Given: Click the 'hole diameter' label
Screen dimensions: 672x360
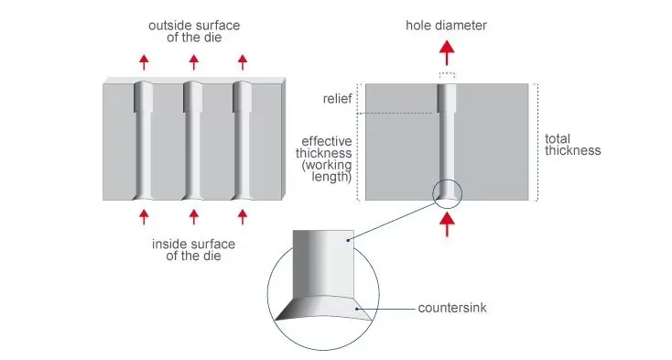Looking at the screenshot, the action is tap(446, 26).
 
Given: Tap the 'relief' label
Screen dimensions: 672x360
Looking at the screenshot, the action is tap(337, 99).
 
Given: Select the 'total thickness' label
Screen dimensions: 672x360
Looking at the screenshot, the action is tap(572, 145).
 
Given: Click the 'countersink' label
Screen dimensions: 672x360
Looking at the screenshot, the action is tap(452, 308).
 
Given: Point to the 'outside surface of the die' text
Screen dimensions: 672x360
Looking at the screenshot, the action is tap(194, 31).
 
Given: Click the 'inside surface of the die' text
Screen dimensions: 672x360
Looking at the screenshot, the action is tap(194, 250).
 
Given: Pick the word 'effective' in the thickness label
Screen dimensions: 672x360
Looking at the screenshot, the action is tap(327, 141).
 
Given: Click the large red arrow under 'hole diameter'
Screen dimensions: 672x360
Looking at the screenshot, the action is tap(447, 53).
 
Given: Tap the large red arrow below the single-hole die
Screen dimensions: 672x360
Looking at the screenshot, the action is tap(447, 224).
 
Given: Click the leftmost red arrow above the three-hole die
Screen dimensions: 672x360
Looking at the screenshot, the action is tap(144, 62).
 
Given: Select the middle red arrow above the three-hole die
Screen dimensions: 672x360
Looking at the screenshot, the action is tap(194, 62).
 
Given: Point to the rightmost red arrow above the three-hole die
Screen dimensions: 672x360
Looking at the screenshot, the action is tap(243, 62).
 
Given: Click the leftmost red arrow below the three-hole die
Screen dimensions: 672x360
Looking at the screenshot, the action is tap(144, 217).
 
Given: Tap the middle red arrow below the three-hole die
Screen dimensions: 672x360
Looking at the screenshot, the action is tap(194, 217).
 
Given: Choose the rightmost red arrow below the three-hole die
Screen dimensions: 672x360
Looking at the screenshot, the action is tap(243, 217).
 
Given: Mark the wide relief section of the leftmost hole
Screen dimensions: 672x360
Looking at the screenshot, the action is tap(144, 97).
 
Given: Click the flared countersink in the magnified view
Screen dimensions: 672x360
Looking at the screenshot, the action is tap(323, 308).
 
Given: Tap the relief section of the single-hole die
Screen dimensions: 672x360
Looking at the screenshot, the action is tap(447, 98).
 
